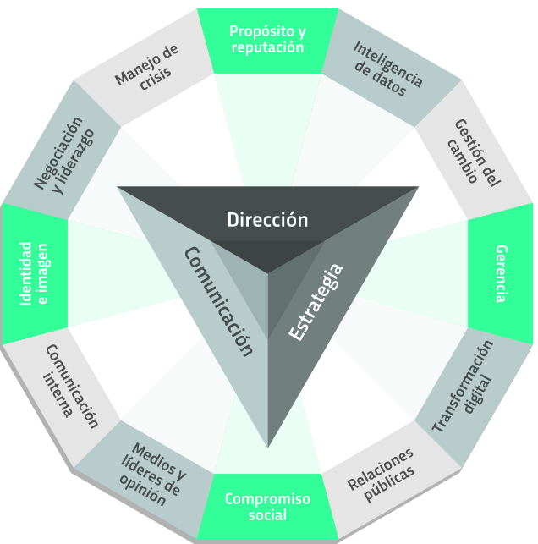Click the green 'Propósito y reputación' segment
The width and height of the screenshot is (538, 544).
point(266,40)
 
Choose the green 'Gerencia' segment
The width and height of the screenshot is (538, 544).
point(501,273)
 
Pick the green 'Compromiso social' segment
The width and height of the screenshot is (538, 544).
point(267,507)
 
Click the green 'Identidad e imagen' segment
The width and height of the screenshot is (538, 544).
point(35,274)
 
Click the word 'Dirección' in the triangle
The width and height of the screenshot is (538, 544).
point(267,220)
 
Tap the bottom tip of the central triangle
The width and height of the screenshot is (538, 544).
point(268,443)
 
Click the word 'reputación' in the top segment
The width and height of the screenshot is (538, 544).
point(266,48)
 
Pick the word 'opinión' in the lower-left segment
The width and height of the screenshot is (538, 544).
point(141,492)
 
